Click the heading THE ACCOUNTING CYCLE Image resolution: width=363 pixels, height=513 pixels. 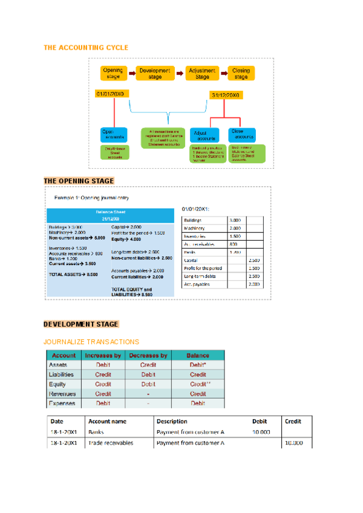(x=86, y=47)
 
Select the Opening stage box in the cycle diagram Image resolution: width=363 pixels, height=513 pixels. (x=113, y=74)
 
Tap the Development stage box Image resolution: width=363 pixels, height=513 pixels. (x=155, y=74)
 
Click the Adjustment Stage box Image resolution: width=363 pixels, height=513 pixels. (x=202, y=74)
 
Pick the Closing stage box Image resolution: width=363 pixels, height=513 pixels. (x=241, y=74)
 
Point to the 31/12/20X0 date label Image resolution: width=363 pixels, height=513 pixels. (x=226, y=95)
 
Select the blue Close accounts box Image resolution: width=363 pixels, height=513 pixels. (x=244, y=134)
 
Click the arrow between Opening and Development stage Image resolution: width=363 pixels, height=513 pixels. (x=131, y=74)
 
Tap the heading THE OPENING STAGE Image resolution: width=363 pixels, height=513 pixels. (x=79, y=181)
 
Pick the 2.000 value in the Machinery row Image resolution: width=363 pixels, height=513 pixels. (x=236, y=228)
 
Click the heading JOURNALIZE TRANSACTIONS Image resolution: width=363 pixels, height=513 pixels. (x=91, y=342)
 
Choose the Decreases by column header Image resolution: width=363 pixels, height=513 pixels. (x=148, y=355)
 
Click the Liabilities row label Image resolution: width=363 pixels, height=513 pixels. (x=61, y=374)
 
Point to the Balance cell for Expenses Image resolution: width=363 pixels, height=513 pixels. (x=198, y=403)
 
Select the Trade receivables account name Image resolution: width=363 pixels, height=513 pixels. (x=111, y=443)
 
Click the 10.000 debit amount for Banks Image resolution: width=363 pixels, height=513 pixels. (x=261, y=433)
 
